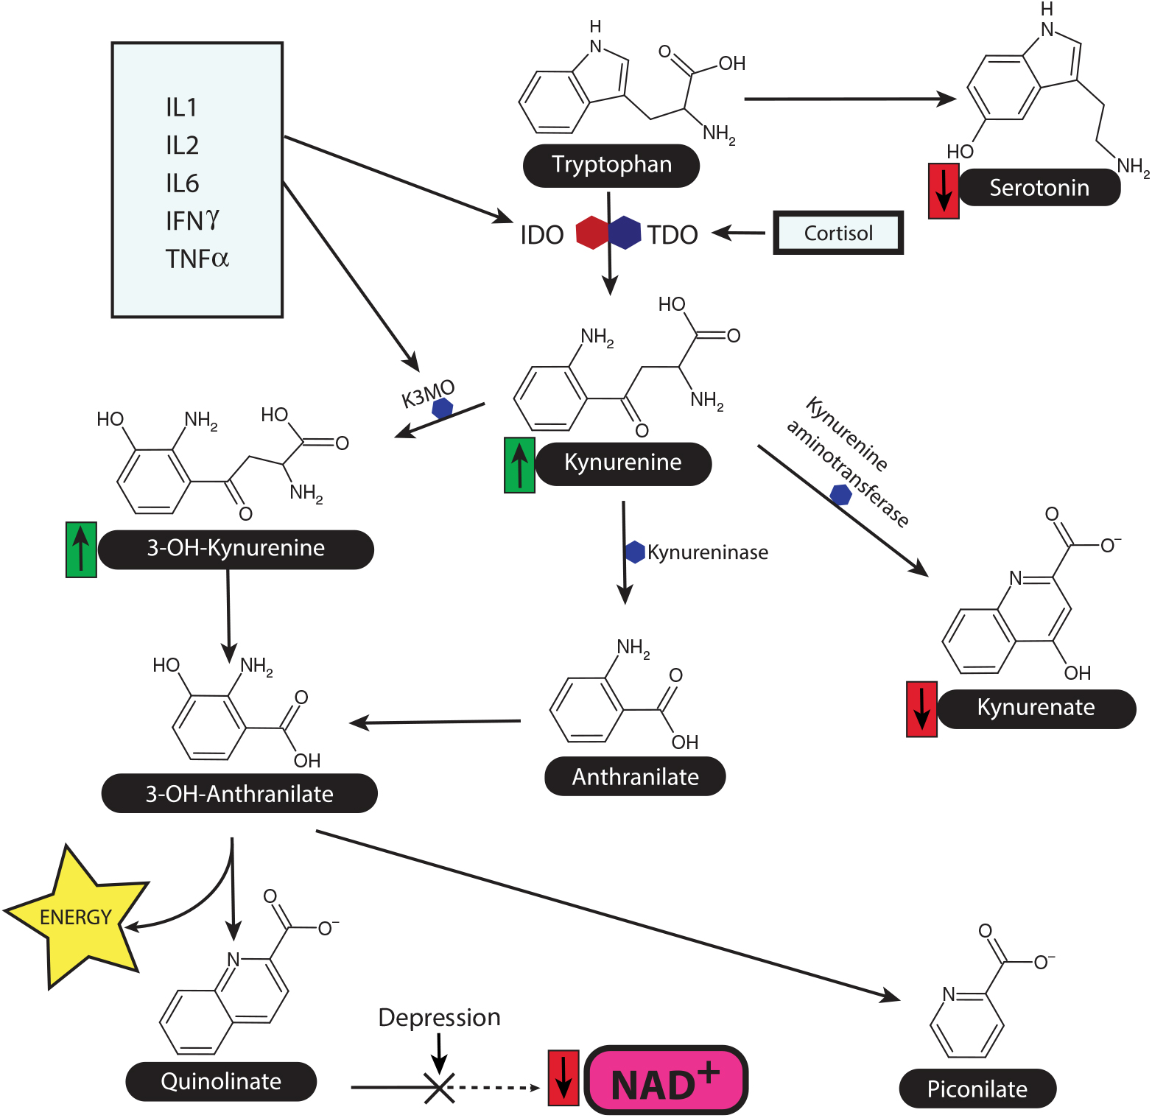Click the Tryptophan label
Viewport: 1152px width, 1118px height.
611,165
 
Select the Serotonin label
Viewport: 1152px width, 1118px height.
1039,188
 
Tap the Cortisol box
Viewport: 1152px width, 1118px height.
838,233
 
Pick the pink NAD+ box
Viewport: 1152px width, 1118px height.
666,1081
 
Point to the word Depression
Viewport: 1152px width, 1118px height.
439,1018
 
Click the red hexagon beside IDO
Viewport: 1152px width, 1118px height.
591,233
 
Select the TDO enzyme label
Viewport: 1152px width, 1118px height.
672,235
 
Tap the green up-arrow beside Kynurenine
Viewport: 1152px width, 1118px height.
519,465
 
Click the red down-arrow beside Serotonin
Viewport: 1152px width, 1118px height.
944,191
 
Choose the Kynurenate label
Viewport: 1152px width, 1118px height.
1036,708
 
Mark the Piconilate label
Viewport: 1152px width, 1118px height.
977,1089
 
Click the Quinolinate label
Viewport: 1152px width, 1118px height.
221,1082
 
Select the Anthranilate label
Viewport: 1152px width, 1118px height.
635,777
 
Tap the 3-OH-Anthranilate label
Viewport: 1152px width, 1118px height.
239,794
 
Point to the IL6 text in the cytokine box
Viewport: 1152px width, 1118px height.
182,183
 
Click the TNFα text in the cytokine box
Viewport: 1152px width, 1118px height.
197,259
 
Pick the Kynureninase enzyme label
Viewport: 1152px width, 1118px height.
707,552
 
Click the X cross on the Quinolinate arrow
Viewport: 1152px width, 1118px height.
439,1087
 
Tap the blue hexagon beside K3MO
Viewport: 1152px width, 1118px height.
442,408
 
